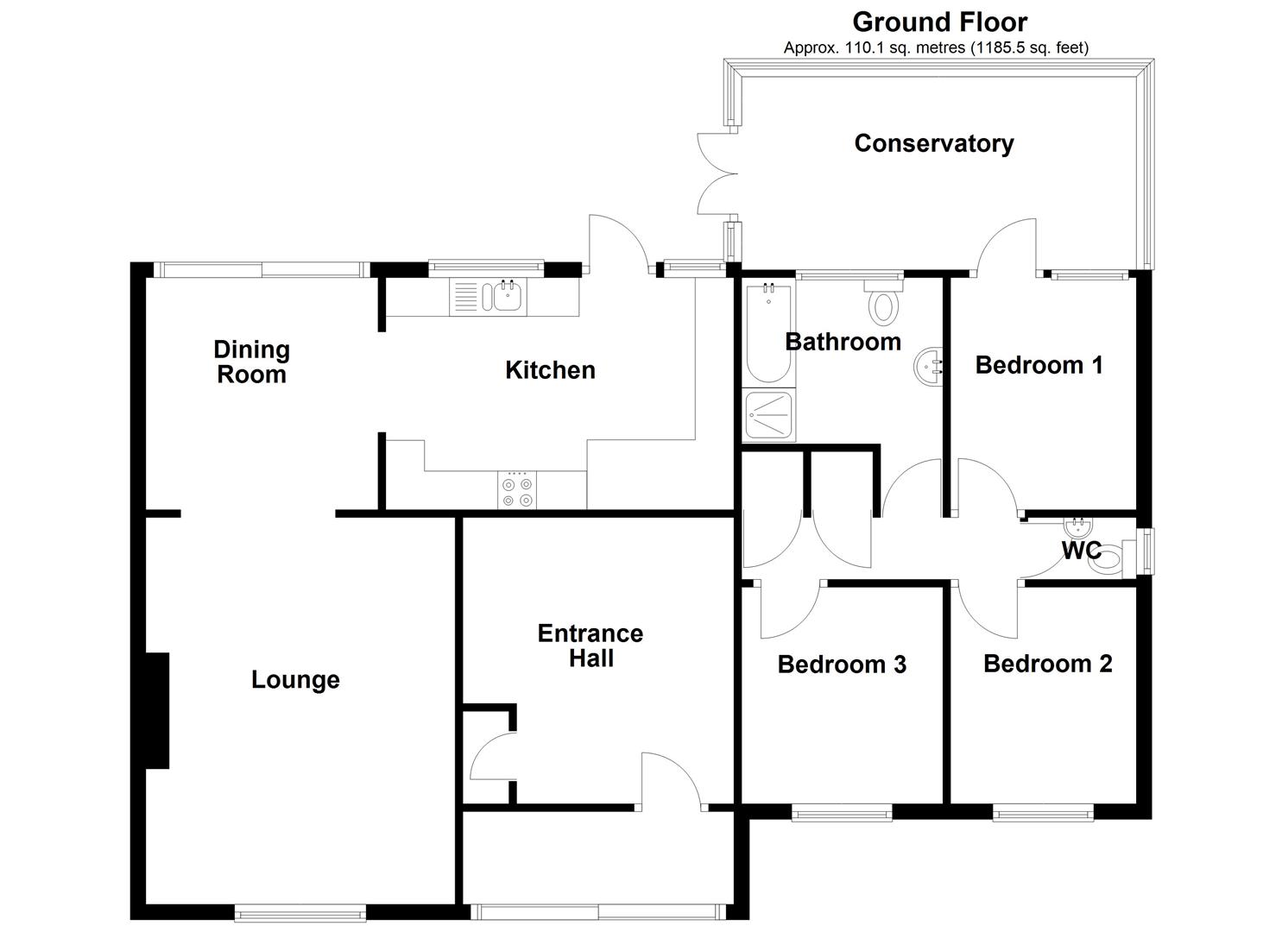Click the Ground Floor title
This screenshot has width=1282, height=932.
pos(940,23)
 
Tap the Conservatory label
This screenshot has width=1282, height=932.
pos(934,143)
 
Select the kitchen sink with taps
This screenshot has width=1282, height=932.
pos(488,296)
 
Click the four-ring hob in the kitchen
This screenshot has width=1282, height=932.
pos(517,490)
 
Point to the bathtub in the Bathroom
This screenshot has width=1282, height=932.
pos(768,333)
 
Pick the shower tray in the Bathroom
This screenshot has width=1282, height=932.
pos(768,415)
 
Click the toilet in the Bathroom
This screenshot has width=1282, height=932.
pos(883,301)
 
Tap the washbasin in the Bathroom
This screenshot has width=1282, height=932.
pos(928,367)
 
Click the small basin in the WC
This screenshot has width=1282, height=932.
pos(1078,525)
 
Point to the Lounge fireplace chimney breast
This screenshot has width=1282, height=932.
pos(157,710)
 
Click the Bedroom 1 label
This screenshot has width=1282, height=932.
pos(1039,365)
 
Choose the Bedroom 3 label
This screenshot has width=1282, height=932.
pos(842,664)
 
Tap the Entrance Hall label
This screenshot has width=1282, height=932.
pos(590,646)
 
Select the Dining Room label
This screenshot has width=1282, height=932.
pos(252,362)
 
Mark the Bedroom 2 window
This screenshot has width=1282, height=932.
pos(1043,812)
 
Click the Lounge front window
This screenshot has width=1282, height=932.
pos(300,913)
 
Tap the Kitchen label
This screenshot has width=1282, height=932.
pos(550,370)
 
